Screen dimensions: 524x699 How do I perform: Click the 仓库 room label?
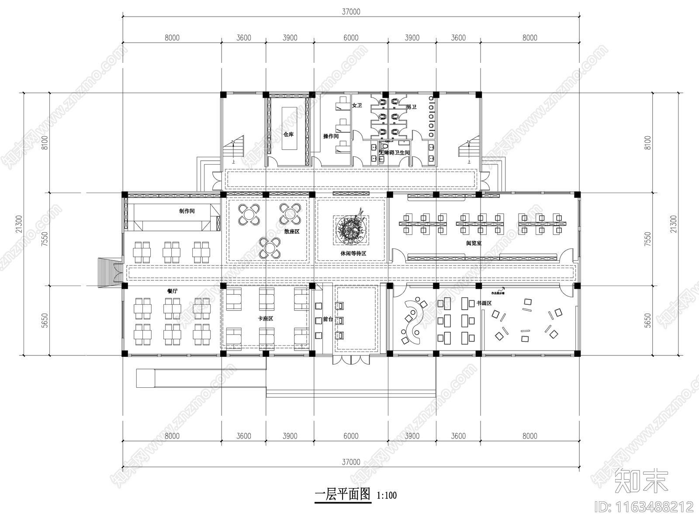(288, 134)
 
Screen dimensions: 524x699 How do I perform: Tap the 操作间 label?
(331, 136)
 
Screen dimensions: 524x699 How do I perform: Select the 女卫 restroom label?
(357, 106)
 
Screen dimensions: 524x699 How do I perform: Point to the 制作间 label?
(187, 211)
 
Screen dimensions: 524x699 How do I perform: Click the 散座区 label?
(291, 231)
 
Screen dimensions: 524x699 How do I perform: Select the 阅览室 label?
(474, 243)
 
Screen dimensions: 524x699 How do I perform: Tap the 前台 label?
(328, 319)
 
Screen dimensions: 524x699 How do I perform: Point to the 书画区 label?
(484, 303)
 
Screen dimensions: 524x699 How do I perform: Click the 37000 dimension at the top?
(351, 12)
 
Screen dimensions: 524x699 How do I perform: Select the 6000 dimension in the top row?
(351, 38)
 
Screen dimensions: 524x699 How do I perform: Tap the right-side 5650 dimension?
(647, 320)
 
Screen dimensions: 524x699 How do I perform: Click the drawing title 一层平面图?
(343, 495)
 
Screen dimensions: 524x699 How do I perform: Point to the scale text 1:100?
(386, 496)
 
